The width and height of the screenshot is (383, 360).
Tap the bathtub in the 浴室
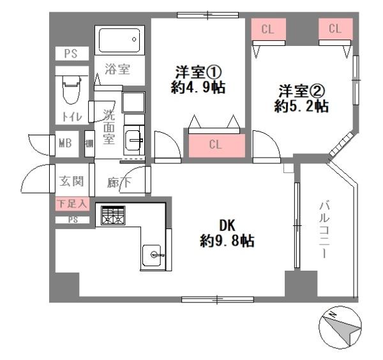click(x=119, y=41)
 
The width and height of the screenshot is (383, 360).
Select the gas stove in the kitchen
click(x=113, y=215)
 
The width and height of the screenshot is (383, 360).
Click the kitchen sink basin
click(x=152, y=255)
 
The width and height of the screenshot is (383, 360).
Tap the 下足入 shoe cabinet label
click(x=72, y=204)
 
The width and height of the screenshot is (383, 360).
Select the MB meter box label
click(x=65, y=143)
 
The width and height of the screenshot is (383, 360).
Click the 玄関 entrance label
click(x=71, y=181)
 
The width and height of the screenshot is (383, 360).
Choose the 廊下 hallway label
click(x=119, y=182)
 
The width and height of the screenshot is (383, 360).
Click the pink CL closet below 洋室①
click(x=216, y=145)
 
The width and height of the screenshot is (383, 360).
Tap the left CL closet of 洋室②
click(x=268, y=29)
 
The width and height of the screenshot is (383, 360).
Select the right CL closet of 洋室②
click(x=335, y=29)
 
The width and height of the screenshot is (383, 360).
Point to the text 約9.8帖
click(x=227, y=241)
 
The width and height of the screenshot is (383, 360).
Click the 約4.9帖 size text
click(x=198, y=87)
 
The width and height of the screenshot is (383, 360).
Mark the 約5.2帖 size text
click(x=301, y=106)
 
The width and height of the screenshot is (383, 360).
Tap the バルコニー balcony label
click(x=324, y=230)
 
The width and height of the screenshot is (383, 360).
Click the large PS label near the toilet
click(x=71, y=54)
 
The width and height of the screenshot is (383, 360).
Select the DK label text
click(x=227, y=225)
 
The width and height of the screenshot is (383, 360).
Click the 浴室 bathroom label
click(x=117, y=69)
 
